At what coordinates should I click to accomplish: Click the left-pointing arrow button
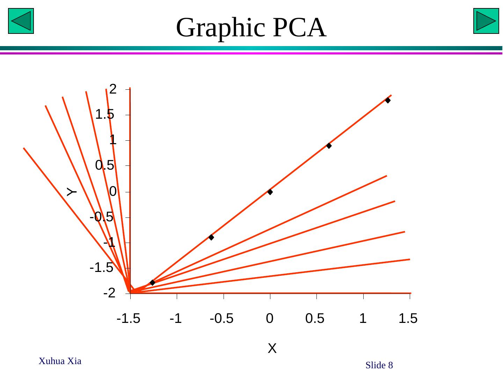pyautogui.click(x=21, y=21)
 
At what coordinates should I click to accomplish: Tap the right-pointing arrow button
pyautogui.click(x=486, y=21)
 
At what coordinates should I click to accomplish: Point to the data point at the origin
pyautogui.click(x=270, y=192)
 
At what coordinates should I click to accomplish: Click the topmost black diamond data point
pyautogui.click(x=388, y=100)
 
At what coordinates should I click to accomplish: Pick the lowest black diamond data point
pyautogui.click(x=152, y=282)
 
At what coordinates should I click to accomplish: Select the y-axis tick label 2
pyautogui.click(x=112, y=89)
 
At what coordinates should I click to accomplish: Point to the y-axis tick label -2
pyautogui.click(x=109, y=293)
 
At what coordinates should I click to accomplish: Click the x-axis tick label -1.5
pyautogui.click(x=129, y=318)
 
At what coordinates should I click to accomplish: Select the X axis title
pyautogui.click(x=272, y=348)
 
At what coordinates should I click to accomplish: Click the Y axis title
pyautogui.click(x=72, y=192)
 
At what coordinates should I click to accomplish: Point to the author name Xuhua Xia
pyautogui.click(x=60, y=361)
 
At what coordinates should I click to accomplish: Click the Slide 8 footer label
pyautogui.click(x=379, y=365)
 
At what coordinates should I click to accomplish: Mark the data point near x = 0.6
pyautogui.click(x=329, y=146)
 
